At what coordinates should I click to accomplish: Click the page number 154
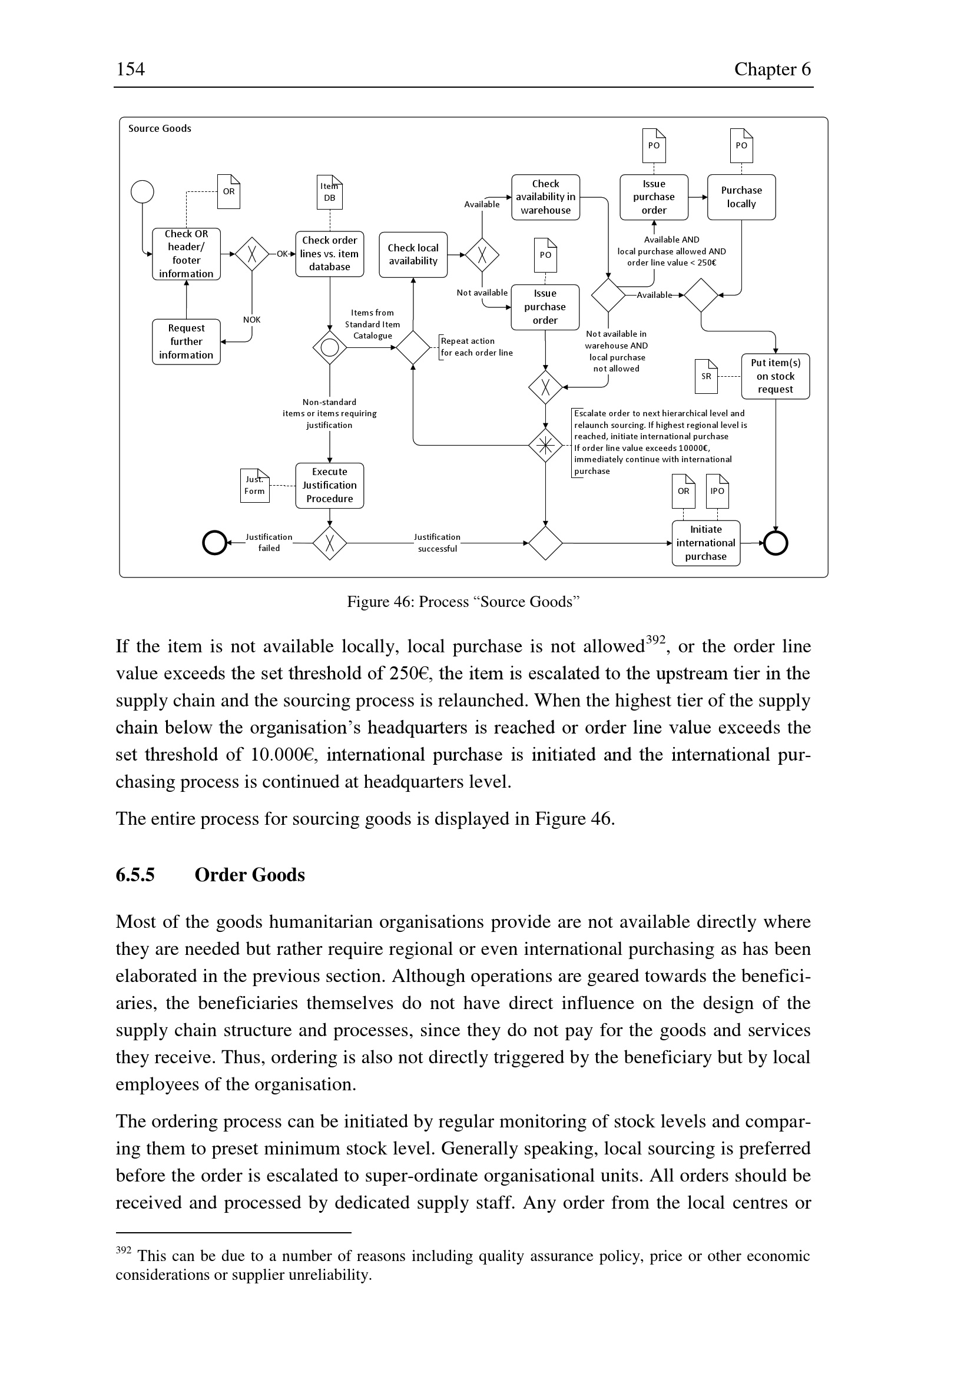(130, 69)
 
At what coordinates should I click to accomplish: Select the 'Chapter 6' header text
(772, 69)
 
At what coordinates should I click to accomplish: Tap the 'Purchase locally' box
(741, 197)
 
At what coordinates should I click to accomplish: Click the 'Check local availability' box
(413, 254)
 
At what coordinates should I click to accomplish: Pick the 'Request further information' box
(186, 341)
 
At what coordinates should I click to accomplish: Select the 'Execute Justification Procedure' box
(329, 485)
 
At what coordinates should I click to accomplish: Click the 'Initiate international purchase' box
(705, 543)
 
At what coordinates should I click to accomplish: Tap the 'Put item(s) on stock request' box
(775, 376)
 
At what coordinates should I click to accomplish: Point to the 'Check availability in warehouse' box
(545, 197)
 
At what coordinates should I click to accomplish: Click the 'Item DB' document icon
(329, 192)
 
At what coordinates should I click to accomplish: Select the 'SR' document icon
(706, 376)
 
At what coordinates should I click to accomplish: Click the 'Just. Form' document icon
(254, 485)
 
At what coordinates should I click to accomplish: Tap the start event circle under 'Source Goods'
(142, 192)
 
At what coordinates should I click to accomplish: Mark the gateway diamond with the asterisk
(545, 445)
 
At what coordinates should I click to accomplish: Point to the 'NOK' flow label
(252, 320)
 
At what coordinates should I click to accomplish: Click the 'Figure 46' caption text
(463, 602)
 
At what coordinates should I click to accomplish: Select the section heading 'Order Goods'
(250, 875)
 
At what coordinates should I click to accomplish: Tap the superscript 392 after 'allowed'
(655, 639)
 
